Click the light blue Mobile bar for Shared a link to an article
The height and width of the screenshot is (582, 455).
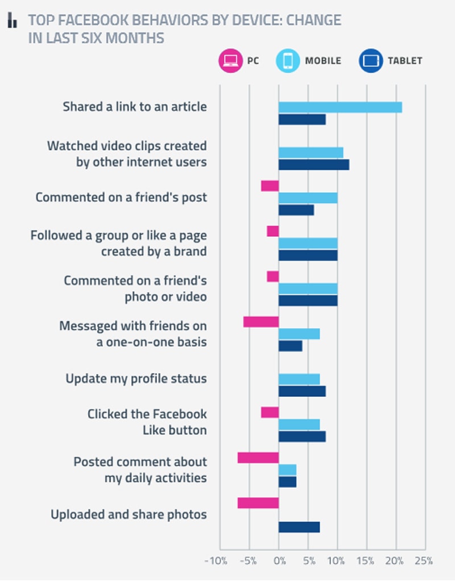pos(340,107)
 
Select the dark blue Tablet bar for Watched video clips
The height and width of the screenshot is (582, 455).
pos(313,165)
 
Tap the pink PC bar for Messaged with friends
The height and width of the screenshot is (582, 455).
pos(261,322)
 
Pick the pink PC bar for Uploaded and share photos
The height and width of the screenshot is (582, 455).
pos(258,503)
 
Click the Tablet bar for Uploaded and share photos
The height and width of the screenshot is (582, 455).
pos(299,527)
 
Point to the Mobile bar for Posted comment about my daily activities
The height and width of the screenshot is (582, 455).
pos(287,470)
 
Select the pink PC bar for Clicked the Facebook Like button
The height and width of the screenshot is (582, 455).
pos(270,412)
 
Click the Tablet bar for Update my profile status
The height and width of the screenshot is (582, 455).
pos(302,391)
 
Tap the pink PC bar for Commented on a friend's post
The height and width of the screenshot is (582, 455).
pos(270,186)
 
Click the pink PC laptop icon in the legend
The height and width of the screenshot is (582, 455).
pos(230,61)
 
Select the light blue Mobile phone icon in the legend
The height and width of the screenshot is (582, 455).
pos(287,61)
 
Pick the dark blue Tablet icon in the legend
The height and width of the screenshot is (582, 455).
pos(371,61)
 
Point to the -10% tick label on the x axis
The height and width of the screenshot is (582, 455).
pos(215,561)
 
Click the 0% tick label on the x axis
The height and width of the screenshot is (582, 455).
pos(279,561)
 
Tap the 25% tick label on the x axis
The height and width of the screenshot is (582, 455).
pos(424,561)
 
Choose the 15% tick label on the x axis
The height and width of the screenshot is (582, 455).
pos(366,561)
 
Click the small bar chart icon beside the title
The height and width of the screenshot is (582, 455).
pos(12,22)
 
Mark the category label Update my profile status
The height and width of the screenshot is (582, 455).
pos(136,379)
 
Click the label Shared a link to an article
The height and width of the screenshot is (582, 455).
pos(135,107)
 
